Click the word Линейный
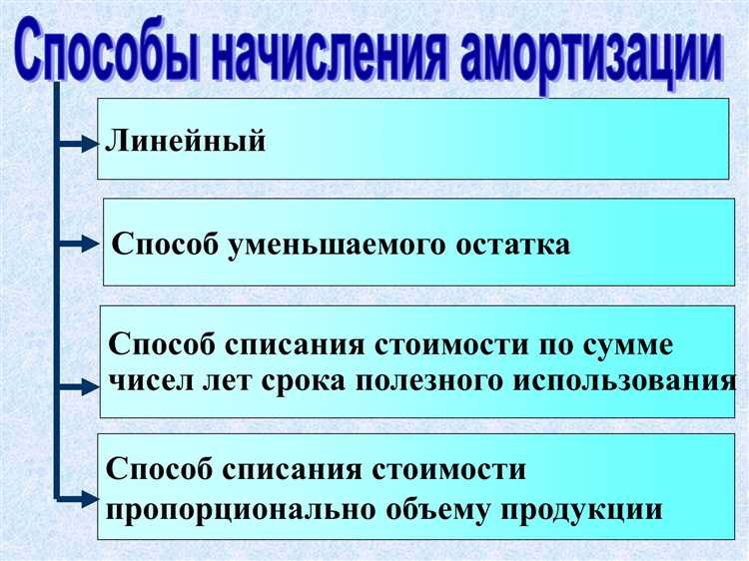pos(186,141)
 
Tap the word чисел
pos(154,380)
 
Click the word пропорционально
pos(237,509)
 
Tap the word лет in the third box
pos(237,380)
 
